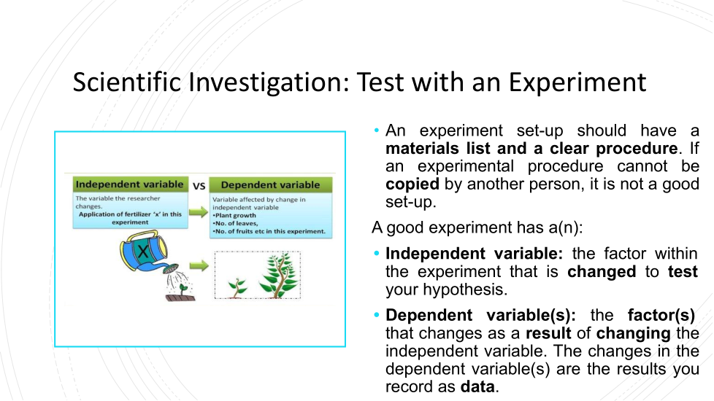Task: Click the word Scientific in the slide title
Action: coord(127,82)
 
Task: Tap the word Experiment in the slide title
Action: coord(577,83)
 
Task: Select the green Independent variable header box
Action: coord(130,184)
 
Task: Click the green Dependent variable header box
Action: coord(270,185)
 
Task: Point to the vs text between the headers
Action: coord(199,185)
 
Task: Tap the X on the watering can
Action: coord(143,251)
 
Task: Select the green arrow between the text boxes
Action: coord(199,212)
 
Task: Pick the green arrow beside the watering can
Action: coord(199,265)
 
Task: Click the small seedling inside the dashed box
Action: coord(237,287)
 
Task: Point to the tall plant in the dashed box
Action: coord(279,276)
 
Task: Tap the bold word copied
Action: coord(412,184)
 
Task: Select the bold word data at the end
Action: coord(477,386)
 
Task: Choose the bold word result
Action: coord(548,333)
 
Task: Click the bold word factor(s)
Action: coord(661,315)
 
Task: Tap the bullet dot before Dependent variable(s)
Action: coord(376,315)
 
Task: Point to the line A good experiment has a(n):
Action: coord(477,227)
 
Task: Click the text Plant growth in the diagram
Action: coord(235,216)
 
